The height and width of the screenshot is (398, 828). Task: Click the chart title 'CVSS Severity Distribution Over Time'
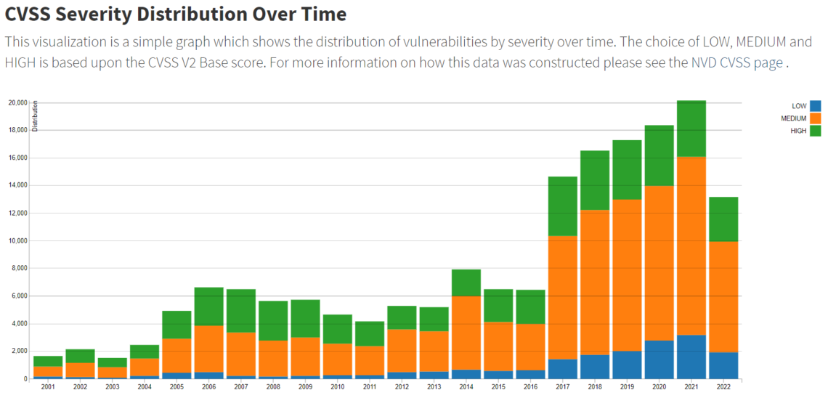[176, 14]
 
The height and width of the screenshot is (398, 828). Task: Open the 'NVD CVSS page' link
[736, 62]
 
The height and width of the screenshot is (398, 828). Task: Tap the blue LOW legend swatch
[815, 106]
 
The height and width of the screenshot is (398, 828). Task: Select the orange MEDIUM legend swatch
[815, 118]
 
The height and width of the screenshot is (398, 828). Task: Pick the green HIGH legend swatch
[815, 131]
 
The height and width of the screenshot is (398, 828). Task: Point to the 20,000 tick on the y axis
[17, 102]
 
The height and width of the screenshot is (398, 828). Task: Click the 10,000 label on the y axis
[17, 240]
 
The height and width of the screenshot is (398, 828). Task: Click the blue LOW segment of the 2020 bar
[659, 360]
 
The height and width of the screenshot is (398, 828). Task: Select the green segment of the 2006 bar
[208, 306]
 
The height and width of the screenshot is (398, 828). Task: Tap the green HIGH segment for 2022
[723, 219]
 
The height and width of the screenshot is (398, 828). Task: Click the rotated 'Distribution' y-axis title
[35, 117]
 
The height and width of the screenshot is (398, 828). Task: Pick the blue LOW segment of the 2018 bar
[594, 367]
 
